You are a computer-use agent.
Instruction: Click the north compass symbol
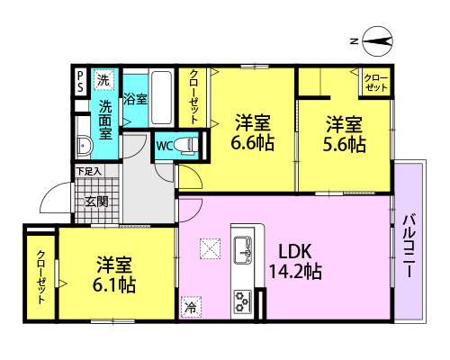coord(377,41)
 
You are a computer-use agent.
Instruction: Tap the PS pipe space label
coord(80,82)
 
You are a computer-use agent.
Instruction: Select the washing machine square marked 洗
coord(103,80)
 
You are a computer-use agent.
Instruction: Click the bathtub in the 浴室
coord(161,98)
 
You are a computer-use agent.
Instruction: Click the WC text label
coord(164,146)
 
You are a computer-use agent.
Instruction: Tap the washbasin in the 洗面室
coord(84,146)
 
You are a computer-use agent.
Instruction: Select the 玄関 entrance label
coord(96,202)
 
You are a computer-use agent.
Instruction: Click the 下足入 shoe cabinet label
coord(89,171)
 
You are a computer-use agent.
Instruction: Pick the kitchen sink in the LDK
coord(243,249)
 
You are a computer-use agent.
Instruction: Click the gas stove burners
coord(243,301)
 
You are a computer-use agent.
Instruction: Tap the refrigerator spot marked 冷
coord(191,307)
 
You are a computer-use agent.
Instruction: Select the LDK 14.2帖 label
coord(295,261)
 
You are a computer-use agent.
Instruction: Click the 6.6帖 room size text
coord(253,142)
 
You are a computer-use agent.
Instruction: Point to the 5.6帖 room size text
coord(344,144)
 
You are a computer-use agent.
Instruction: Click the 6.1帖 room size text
coord(114,284)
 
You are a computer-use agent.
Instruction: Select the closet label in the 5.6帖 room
coord(376,83)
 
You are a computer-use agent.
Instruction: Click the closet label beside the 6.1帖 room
coord(41,276)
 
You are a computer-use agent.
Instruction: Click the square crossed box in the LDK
coord(210,248)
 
